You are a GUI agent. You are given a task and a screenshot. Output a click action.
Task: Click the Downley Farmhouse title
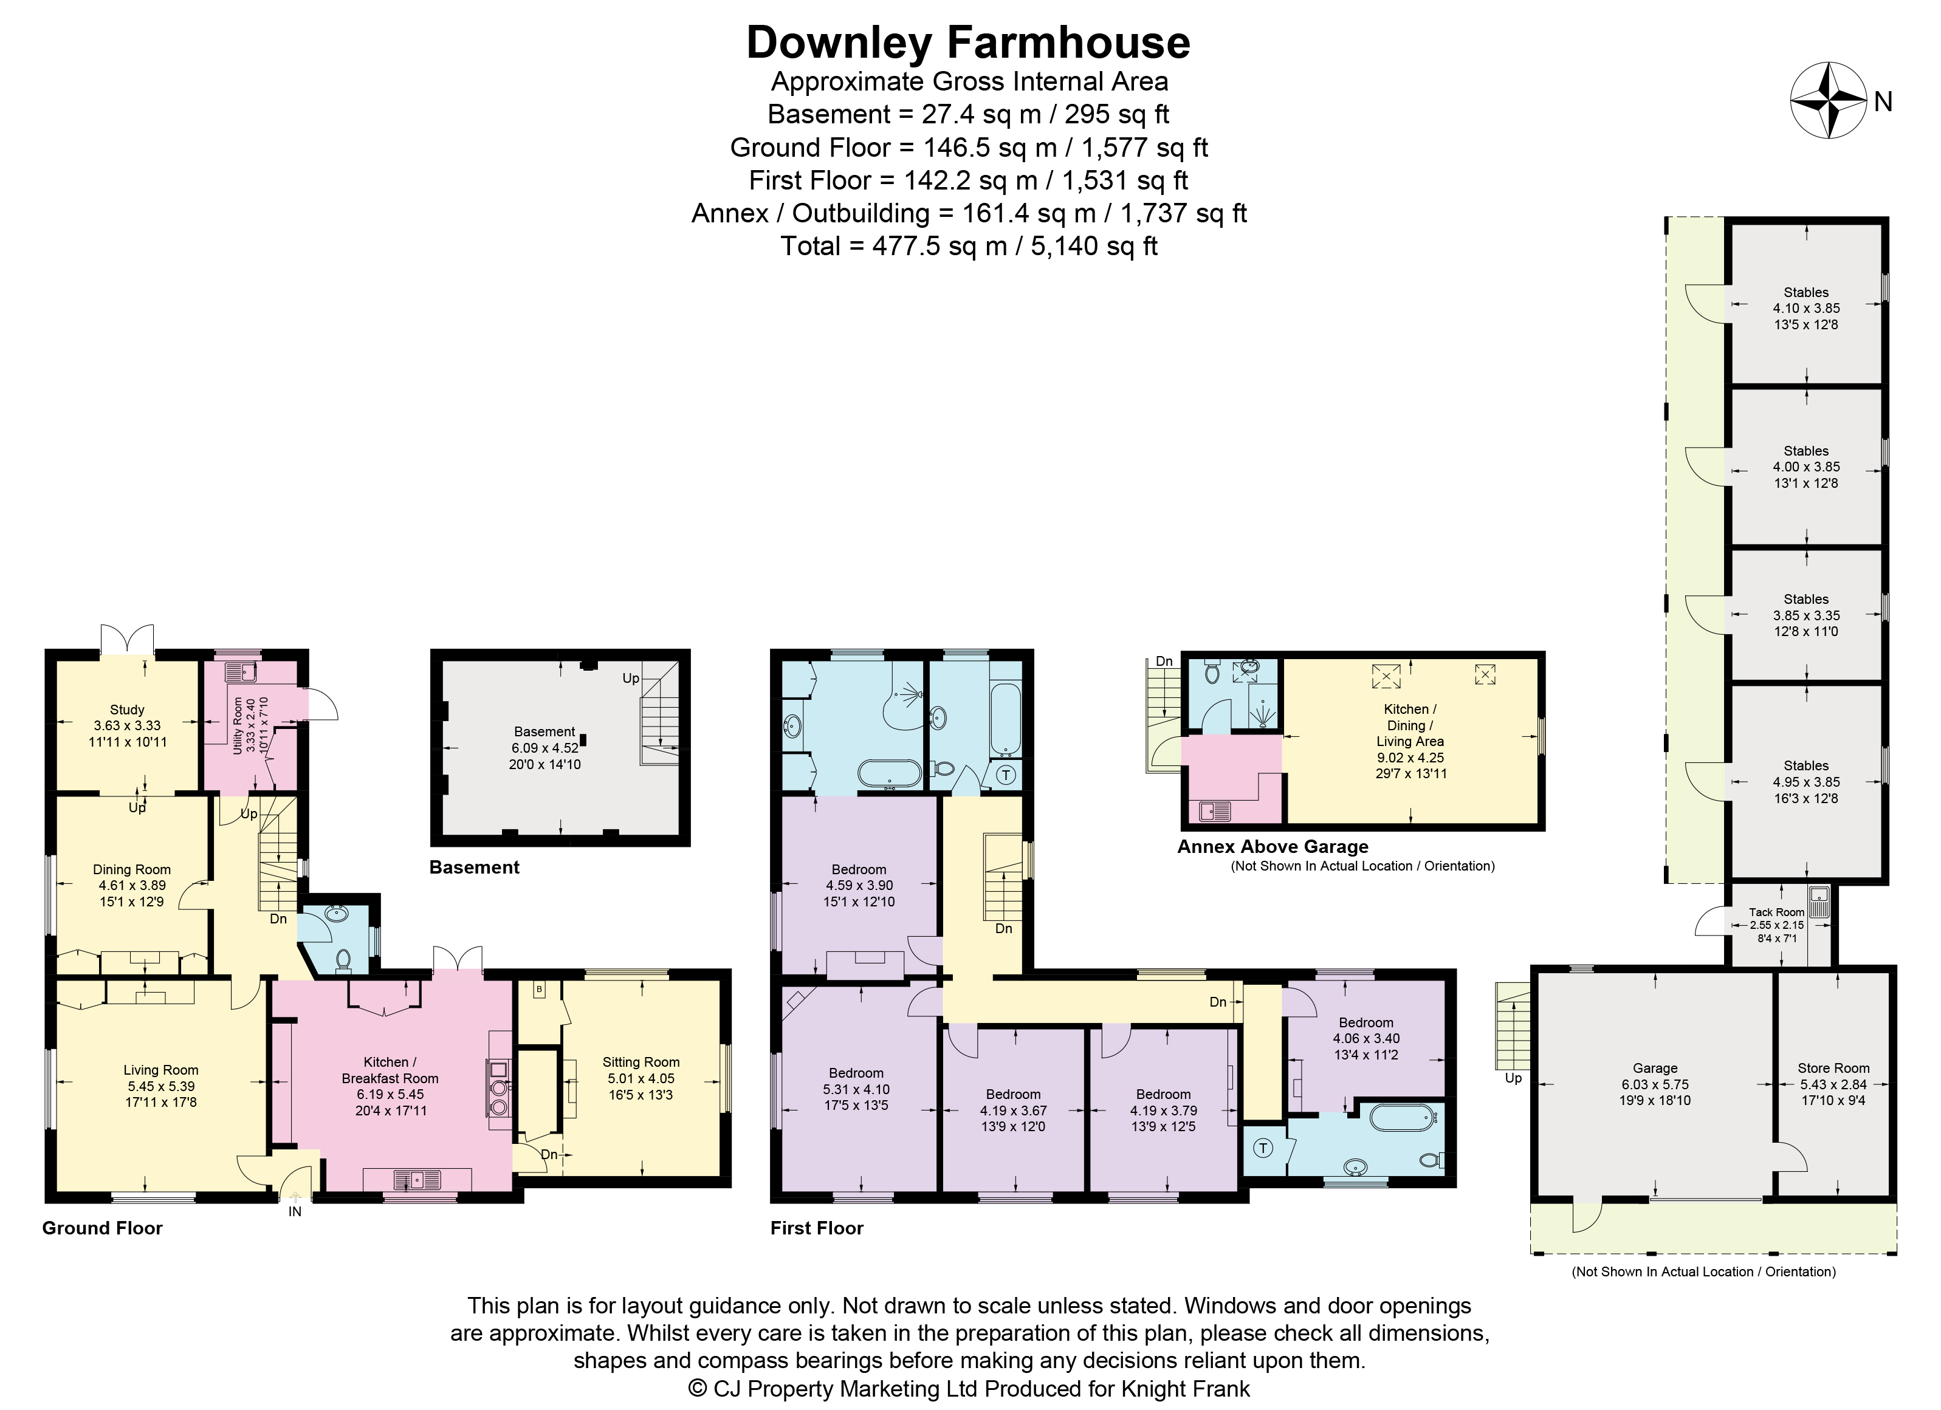click(968, 42)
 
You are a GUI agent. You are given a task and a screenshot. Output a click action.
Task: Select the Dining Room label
click(132, 869)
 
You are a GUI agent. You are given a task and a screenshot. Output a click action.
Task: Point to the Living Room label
click(161, 1069)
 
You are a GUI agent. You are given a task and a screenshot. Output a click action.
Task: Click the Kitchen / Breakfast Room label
click(390, 1070)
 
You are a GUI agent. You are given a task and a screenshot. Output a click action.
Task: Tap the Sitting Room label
click(641, 1062)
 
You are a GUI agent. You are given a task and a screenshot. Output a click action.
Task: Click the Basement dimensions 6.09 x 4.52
click(545, 748)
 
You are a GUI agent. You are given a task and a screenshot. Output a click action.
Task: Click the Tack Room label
click(1777, 912)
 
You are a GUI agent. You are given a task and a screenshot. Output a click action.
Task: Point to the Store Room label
click(1833, 1068)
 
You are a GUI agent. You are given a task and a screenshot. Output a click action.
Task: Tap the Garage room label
click(1655, 1068)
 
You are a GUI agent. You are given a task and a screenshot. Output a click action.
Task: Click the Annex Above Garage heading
click(1273, 846)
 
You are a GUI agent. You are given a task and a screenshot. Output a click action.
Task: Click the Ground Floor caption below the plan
click(103, 1228)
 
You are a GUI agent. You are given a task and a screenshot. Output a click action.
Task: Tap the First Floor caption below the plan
click(817, 1228)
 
